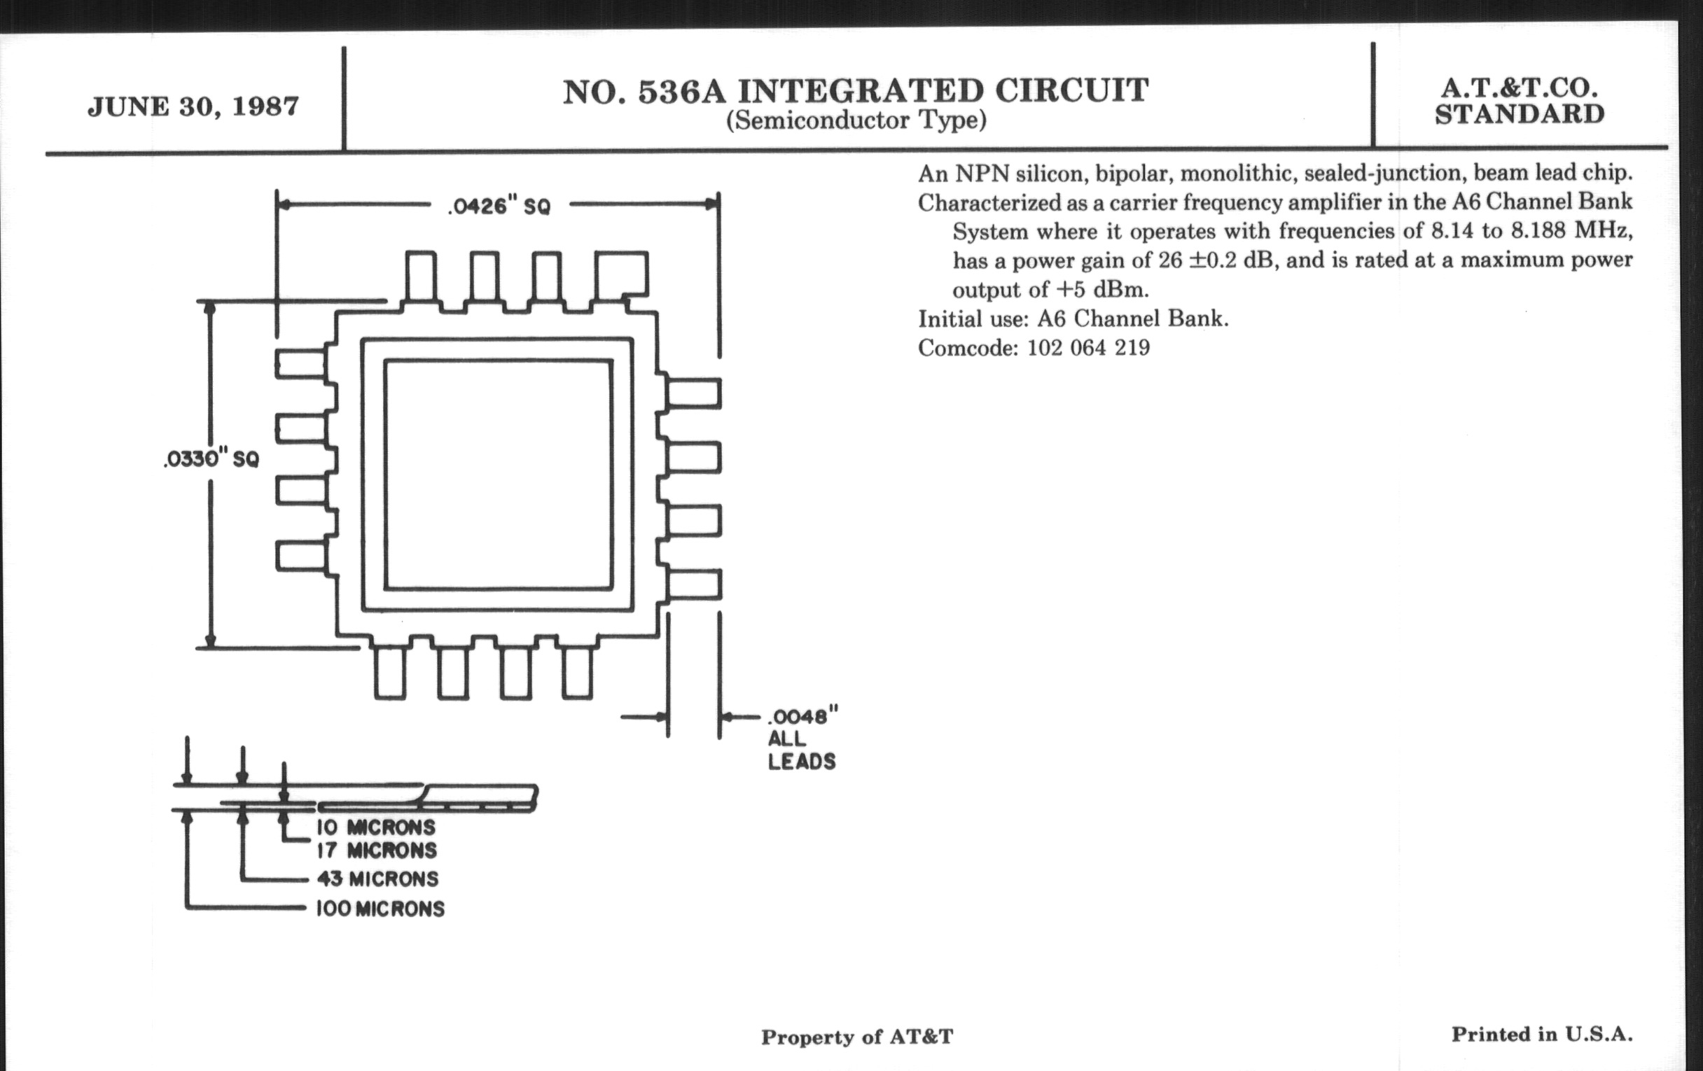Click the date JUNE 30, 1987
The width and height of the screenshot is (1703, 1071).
[x=193, y=106]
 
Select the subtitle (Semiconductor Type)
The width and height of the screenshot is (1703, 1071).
[x=856, y=121]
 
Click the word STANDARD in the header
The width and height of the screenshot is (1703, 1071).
[x=1519, y=115]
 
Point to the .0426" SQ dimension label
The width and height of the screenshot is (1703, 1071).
[x=499, y=206]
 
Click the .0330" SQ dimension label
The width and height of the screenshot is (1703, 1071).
[x=211, y=459]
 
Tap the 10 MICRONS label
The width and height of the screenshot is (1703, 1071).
[x=375, y=827]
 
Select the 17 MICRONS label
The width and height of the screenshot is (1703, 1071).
[x=376, y=850]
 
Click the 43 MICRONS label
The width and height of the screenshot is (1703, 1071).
[x=377, y=878]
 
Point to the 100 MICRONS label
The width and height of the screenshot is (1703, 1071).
[x=380, y=909]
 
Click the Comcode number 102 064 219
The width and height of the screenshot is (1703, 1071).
[x=1088, y=348]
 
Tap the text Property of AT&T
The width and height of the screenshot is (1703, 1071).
[x=856, y=1037]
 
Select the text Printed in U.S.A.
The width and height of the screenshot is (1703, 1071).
[x=1542, y=1034]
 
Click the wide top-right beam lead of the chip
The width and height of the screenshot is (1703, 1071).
[x=621, y=274]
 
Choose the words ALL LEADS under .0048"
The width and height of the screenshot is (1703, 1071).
[x=801, y=750]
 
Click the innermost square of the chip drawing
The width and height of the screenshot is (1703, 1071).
[x=498, y=474]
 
